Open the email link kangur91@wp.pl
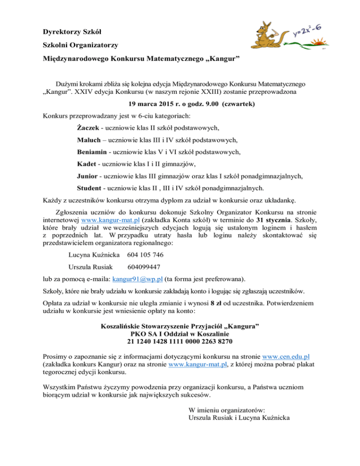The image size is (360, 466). (x=138, y=278)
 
